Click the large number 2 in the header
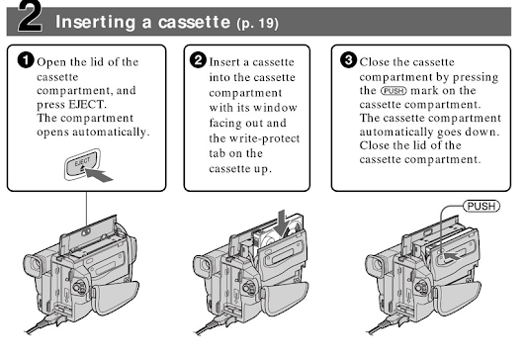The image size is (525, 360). [30, 17]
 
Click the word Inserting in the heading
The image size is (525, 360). [96, 22]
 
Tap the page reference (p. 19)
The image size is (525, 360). [257, 23]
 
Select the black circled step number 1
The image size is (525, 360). [26, 60]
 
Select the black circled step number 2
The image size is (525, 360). [198, 60]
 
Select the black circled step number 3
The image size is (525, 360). [349, 60]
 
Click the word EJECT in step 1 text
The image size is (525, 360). [87, 105]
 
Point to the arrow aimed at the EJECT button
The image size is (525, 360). [100, 175]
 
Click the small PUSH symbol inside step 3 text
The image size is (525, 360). [394, 91]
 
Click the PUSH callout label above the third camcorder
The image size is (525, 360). [481, 206]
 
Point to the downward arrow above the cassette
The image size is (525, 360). [282, 223]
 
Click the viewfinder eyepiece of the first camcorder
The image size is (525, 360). [34, 264]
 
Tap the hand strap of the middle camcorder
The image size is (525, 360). [285, 298]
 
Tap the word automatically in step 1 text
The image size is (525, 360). [111, 133]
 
